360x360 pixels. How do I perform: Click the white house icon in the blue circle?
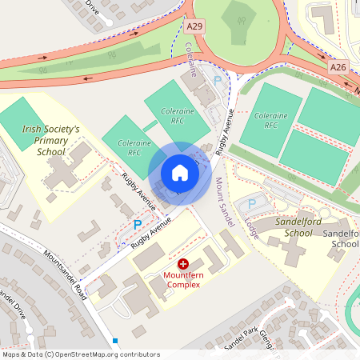click(179, 173)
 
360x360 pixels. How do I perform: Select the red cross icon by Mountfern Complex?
click(182, 263)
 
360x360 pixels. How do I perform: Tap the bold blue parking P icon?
click(137, 226)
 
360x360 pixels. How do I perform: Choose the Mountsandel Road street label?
click(66, 269)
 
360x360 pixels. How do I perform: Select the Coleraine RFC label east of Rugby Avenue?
click(271, 120)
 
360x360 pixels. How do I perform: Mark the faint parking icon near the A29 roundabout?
click(217, 81)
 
